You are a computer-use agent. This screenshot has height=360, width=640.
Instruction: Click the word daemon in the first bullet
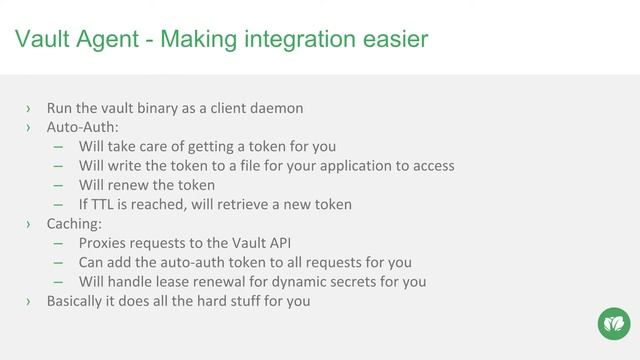[275, 108]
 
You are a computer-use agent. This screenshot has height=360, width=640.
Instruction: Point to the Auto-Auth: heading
[83, 127]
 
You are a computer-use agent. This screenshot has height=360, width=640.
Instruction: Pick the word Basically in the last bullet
[78, 300]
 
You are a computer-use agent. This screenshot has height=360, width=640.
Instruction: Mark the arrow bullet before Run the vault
[29, 108]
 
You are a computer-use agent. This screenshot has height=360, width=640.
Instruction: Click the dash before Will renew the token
[59, 185]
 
